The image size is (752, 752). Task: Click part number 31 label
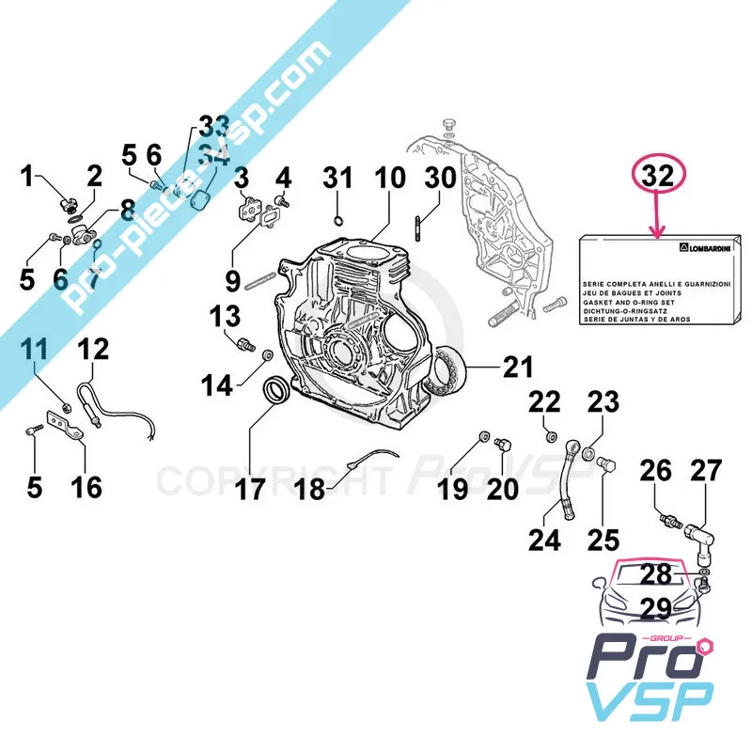pyautogui.click(x=338, y=178)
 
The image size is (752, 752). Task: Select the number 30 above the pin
pyautogui.click(x=440, y=178)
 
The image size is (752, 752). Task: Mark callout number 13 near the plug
pyautogui.click(x=225, y=313)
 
